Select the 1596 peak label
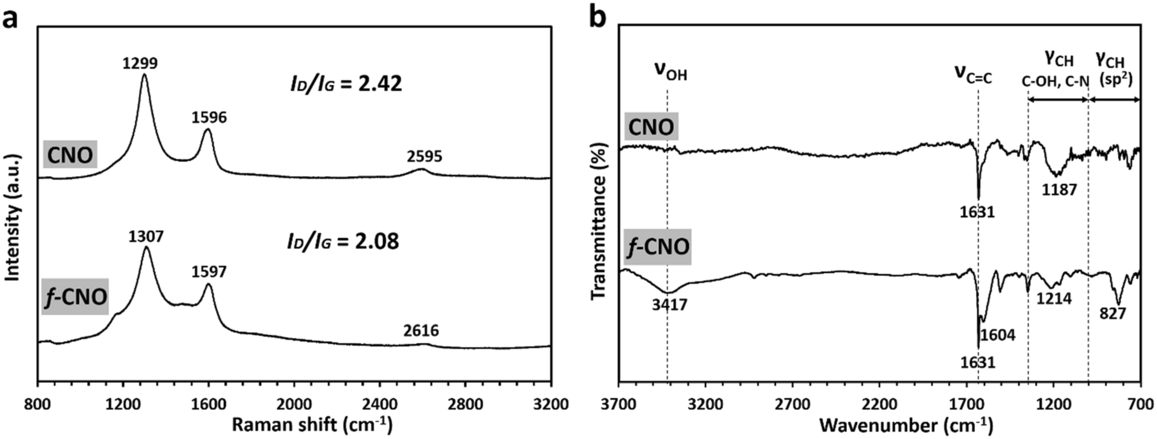tap(210, 118)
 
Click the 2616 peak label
tap(421, 331)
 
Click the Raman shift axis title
tap(312, 426)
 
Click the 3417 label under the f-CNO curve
tap(670, 304)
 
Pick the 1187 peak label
tap(1059, 189)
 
